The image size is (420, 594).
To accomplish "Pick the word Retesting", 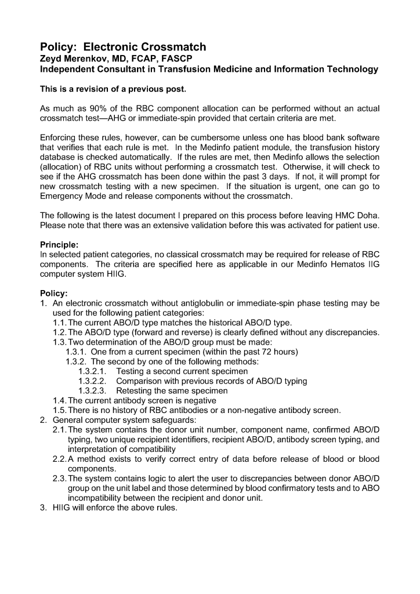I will [x=137, y=391].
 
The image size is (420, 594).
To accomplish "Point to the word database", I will [x=57, y=157].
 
